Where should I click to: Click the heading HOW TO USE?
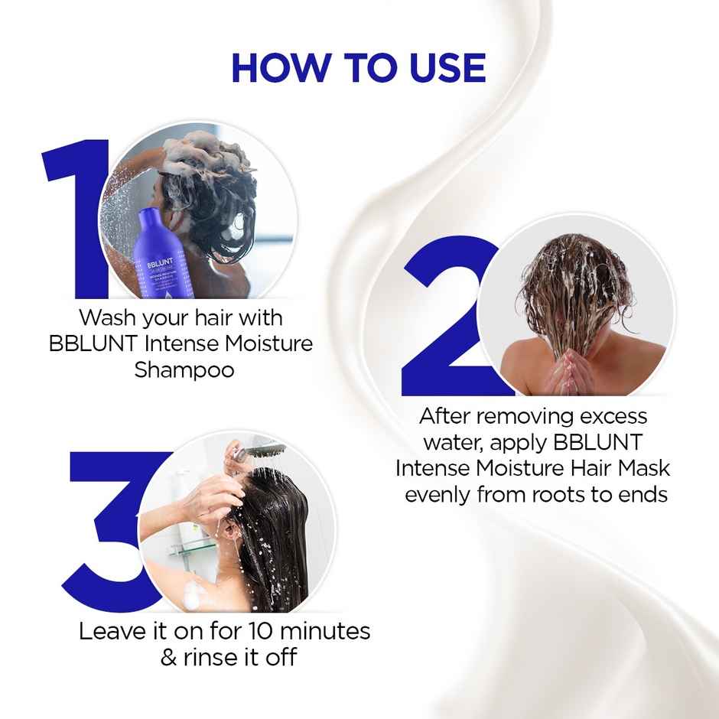[x=359, y=68]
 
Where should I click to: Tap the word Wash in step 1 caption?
[x=106, y=317]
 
